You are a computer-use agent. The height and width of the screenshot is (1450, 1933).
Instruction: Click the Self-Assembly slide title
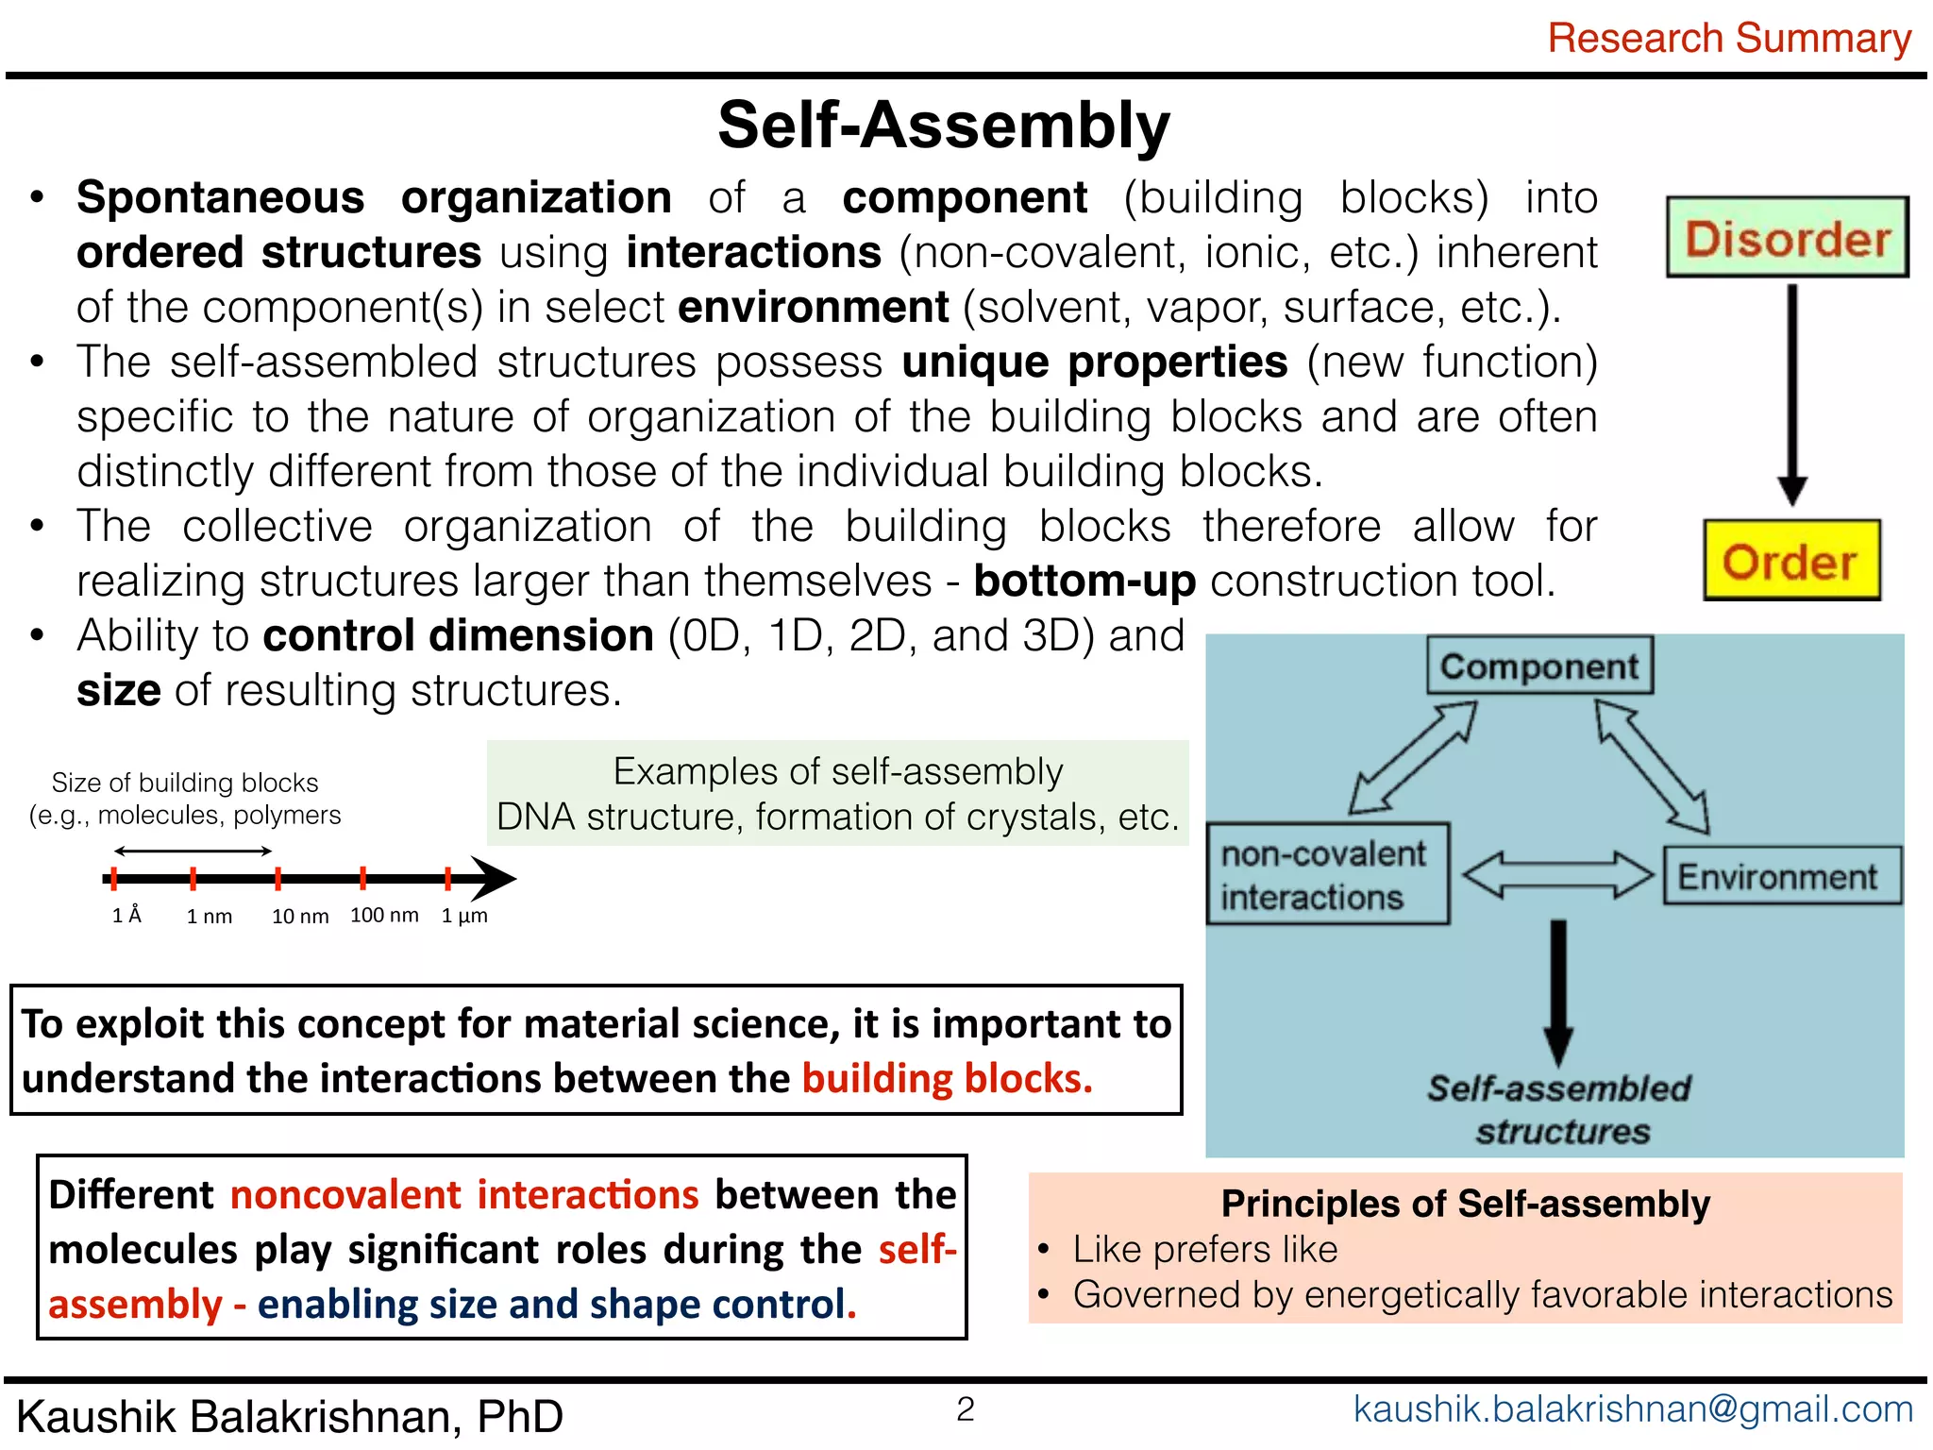click(x=944, y=126)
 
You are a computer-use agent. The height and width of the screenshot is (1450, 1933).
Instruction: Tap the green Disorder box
click(x=1788, y=237)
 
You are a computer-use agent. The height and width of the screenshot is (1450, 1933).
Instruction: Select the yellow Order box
click(x=1790, y=561)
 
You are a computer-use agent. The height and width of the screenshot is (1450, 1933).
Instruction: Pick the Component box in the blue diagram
click(x=1539, y=666)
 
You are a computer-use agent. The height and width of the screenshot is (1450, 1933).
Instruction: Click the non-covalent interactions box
click(x=1325, y=874)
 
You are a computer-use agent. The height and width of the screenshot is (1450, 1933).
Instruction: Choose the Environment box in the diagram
click(x=1780, y=877)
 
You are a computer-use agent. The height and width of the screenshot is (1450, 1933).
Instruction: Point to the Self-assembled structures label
click(x=1559, y=1109)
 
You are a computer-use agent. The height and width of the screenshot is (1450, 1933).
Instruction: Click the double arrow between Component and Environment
click(x=1652, y=766)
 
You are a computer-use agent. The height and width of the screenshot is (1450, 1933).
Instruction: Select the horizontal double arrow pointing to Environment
click(x=1557, y=875)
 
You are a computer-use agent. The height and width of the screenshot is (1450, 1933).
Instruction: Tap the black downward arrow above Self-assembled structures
click(x=1558, y=991)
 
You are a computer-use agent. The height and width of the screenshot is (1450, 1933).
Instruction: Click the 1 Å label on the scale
click(x=126, y=916)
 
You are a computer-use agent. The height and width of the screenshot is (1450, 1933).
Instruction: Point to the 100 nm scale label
click(x=384, y=915)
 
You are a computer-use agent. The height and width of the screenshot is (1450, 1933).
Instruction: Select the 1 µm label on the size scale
click(x=464, y=916)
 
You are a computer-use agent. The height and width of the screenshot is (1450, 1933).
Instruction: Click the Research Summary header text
click(x=1729, y=39)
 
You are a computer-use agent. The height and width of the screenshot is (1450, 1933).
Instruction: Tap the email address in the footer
click(x=1633, y=1409)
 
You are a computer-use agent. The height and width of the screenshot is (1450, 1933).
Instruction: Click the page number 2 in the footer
click(x=965, y=1409)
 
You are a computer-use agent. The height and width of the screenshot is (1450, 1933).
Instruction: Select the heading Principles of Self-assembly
click(x=1465, y=1204)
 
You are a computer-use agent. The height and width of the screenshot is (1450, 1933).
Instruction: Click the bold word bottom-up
click(x=1084, y=582)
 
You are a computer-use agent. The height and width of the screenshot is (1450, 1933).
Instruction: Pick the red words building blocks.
click(x=947, y=1079)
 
